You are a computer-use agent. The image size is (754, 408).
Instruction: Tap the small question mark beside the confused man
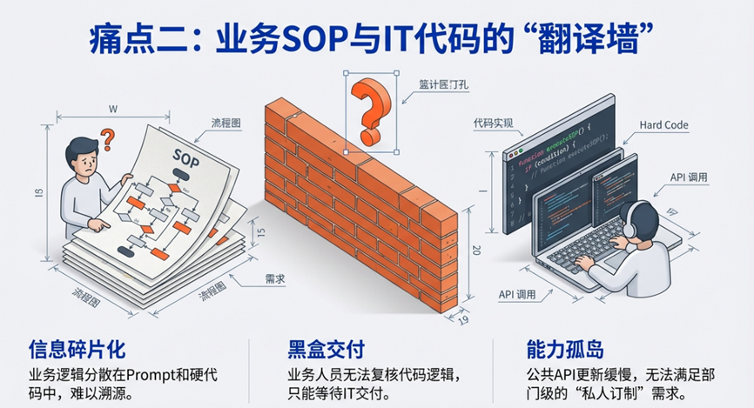(x=108, y=137)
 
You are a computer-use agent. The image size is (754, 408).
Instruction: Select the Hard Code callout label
(x=663, y=125)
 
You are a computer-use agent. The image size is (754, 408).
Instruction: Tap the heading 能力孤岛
(x=564, y=350)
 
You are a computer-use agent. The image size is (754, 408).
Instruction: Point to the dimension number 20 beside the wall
(x=475, y=250)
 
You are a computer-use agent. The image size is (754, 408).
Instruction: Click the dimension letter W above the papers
(x=112, y=109)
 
